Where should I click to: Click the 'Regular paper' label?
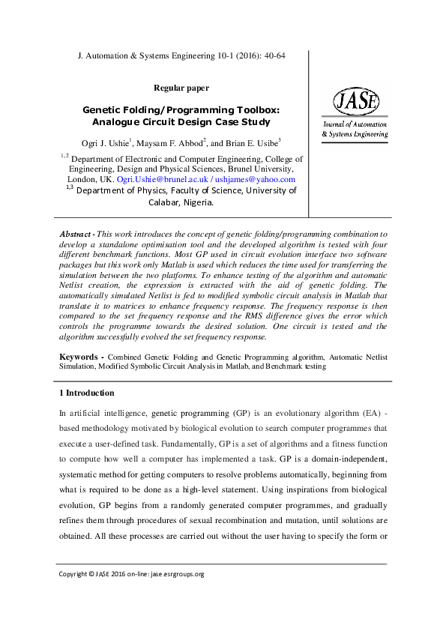click(x=181, y=88)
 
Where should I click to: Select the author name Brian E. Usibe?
click(x=251, y=142)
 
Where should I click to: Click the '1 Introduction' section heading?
click(x=86, y=393)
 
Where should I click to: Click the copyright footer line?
click(x=131, y=574)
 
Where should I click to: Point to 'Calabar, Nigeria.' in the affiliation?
click(x=181, y=202)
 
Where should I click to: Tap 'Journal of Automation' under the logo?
click(x=355, y=124)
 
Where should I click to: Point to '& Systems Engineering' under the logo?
click(x=355, y=134)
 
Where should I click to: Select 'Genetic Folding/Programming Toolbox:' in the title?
click(x=181, y=109)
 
